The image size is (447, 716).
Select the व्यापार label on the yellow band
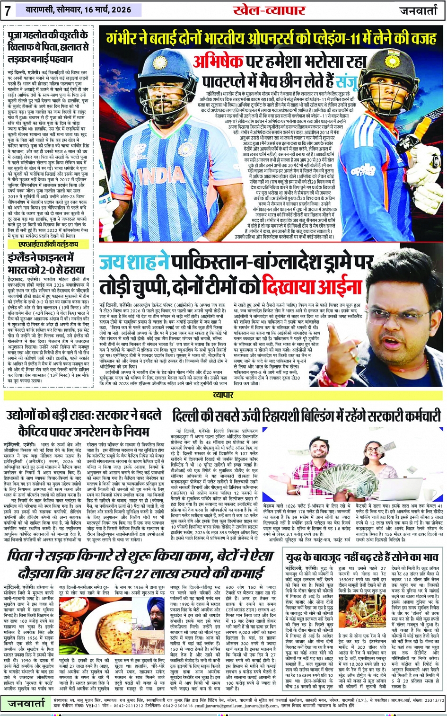click(223, 395)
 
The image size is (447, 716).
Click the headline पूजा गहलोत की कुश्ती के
click(47, 35)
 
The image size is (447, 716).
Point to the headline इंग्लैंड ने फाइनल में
click(41, 258)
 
